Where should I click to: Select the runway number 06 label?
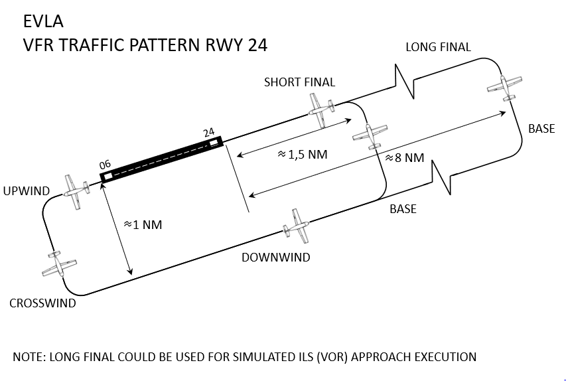[104, 165]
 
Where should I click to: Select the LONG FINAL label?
[438, 47]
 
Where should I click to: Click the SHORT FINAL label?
[299, 82]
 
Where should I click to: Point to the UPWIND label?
[27, 191]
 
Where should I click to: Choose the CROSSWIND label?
[42, 303]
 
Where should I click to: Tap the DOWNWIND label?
[275, 257]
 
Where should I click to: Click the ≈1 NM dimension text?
[143, 225]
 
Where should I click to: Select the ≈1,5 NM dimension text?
[302, 154]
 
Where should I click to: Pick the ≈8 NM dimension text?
[404, 158]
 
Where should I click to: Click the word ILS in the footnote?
[290, 356]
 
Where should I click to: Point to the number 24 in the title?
[253, 44]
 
